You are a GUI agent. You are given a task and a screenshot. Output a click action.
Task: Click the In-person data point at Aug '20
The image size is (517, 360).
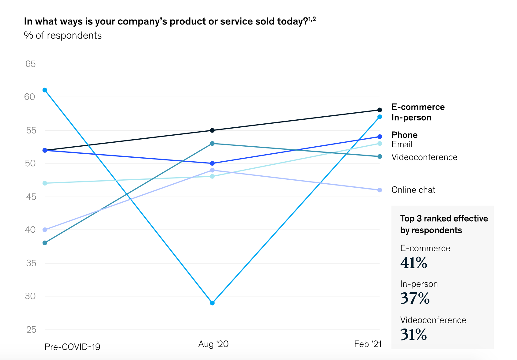(212, 303)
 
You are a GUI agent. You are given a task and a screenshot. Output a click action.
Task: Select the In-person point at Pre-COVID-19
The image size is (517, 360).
(45, 90)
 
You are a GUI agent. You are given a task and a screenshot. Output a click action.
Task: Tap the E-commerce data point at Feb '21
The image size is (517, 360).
(380, 110)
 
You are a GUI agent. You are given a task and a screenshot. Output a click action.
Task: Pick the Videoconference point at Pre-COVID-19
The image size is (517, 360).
(45, 243)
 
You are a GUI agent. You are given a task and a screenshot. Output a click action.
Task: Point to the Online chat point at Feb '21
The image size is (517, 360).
(380, 190)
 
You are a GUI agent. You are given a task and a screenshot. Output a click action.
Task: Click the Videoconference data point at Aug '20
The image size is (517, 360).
(212, 144)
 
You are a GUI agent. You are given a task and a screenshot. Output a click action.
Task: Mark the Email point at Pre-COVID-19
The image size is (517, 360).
(45, 183)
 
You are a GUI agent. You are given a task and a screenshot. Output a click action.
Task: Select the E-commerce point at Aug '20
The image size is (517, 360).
(212, 130)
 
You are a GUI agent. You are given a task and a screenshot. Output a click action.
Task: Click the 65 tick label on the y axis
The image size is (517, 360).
(31, 64)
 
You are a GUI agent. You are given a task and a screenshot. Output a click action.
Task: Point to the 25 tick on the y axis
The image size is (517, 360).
(31, 330)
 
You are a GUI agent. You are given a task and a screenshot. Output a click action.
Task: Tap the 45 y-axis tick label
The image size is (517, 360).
(31, 197)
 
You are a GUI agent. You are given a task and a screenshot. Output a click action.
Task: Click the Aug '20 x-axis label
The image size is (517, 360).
(213, 344)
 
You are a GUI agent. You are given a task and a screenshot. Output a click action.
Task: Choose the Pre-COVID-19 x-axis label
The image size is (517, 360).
(72, 347)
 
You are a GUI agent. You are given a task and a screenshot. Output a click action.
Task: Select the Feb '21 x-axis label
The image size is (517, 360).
(368, 344)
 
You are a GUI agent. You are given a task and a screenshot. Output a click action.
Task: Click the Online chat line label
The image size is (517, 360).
(413, 190)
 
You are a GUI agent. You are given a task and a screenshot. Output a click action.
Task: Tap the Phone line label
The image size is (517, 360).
(404, 135)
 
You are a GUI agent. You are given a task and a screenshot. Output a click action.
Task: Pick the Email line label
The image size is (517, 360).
(402, 144)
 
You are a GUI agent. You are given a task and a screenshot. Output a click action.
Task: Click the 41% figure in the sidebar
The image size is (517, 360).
(413, 263)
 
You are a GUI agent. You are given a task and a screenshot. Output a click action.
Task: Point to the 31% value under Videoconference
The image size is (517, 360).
(413, 335)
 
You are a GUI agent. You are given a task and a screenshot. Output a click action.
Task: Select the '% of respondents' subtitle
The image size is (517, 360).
(63, 36)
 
